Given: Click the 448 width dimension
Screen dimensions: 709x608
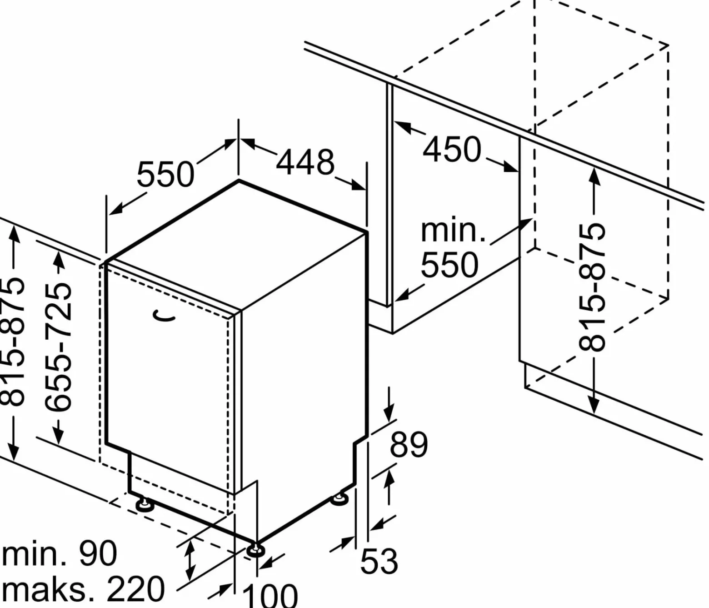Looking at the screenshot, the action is (305, 162).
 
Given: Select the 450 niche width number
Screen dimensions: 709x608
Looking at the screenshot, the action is (452, 149).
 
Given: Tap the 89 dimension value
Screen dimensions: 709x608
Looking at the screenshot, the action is (409, 445).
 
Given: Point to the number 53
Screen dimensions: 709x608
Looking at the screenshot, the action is (379, 561).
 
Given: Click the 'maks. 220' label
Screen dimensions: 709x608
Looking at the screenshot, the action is (83, 589).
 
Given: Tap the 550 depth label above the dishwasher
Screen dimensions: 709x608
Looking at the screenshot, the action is (165, 175).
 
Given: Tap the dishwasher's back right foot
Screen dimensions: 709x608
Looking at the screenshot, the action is (339, 498).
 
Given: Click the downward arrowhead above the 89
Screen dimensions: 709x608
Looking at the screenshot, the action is (389, 414).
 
